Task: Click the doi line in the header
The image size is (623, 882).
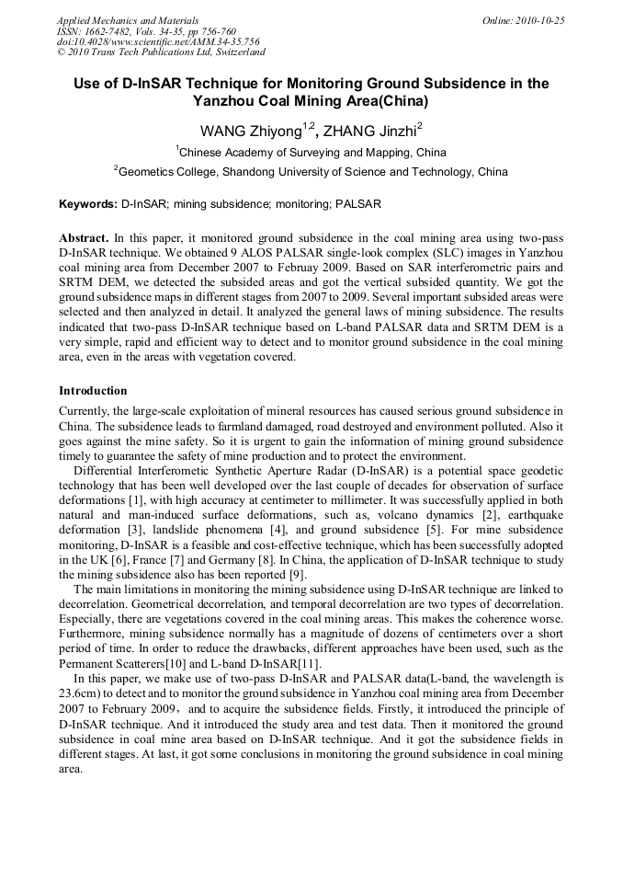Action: point(158,42)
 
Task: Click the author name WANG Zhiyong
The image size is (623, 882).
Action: point(251,131)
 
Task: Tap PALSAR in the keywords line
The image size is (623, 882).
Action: point(358,203)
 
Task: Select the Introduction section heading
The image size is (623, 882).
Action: point(93,391)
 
